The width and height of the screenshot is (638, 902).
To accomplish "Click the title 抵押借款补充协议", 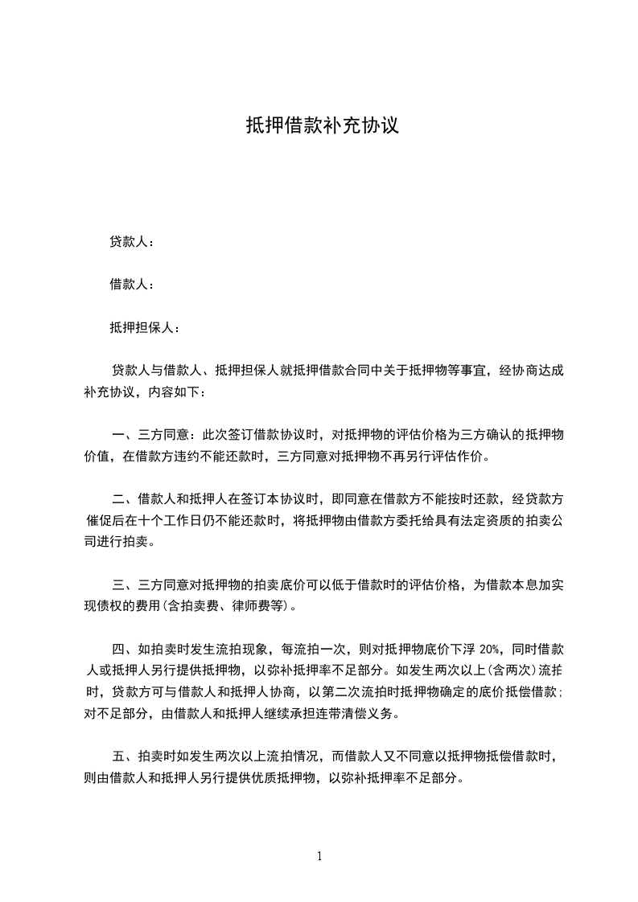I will pos(322,126).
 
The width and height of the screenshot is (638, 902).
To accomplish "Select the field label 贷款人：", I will pos(132,241).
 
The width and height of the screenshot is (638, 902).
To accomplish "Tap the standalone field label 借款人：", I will pos(132,285).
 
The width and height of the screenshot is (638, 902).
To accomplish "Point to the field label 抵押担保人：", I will pos(146,328).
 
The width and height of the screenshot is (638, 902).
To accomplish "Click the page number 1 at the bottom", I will pos(319,856).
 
